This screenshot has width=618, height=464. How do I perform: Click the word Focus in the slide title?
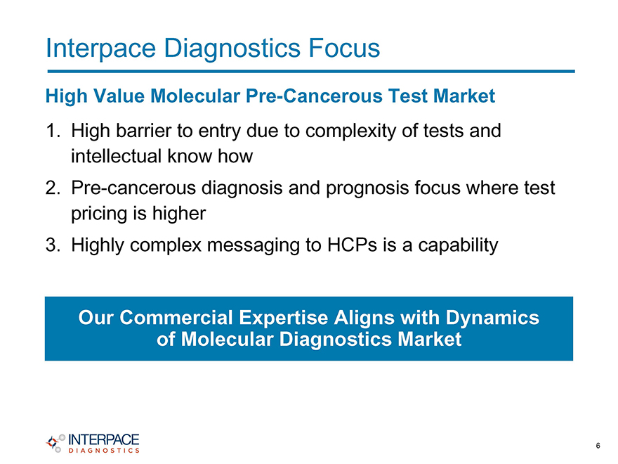[344, 48]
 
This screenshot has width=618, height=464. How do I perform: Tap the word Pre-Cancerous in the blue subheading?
[314, 96]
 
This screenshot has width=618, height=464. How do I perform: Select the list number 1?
[53, 131]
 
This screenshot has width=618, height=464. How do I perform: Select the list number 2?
[53, 188]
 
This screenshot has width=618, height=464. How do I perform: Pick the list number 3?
[53, 245]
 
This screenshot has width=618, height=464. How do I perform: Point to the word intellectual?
[117, 156]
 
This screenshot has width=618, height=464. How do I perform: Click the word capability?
[458, 246]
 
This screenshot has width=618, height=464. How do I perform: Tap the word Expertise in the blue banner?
[283, 318]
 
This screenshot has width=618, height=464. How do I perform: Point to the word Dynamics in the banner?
[493, 318]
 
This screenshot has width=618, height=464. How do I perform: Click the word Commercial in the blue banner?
[176, 318]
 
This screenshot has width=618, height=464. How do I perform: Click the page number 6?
[598, 446]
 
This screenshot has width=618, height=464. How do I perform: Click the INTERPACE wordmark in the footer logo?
[104, 440]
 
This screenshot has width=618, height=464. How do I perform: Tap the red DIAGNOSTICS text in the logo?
[104, 451]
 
